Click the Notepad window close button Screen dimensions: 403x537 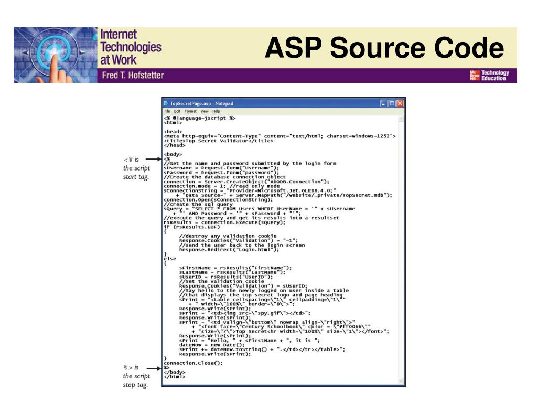(400, 103)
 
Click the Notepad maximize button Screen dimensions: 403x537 (392, 103)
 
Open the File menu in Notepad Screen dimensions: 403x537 (166, 111)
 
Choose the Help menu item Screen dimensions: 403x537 (216, 111)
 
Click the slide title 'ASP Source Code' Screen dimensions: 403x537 (384, 49)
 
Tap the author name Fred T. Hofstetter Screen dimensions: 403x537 (132, 75)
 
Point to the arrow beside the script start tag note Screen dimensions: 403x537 (153, 159)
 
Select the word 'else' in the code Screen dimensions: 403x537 (170, 259)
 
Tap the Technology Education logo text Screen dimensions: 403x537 (495, 76)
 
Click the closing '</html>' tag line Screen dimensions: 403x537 (174, 376)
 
